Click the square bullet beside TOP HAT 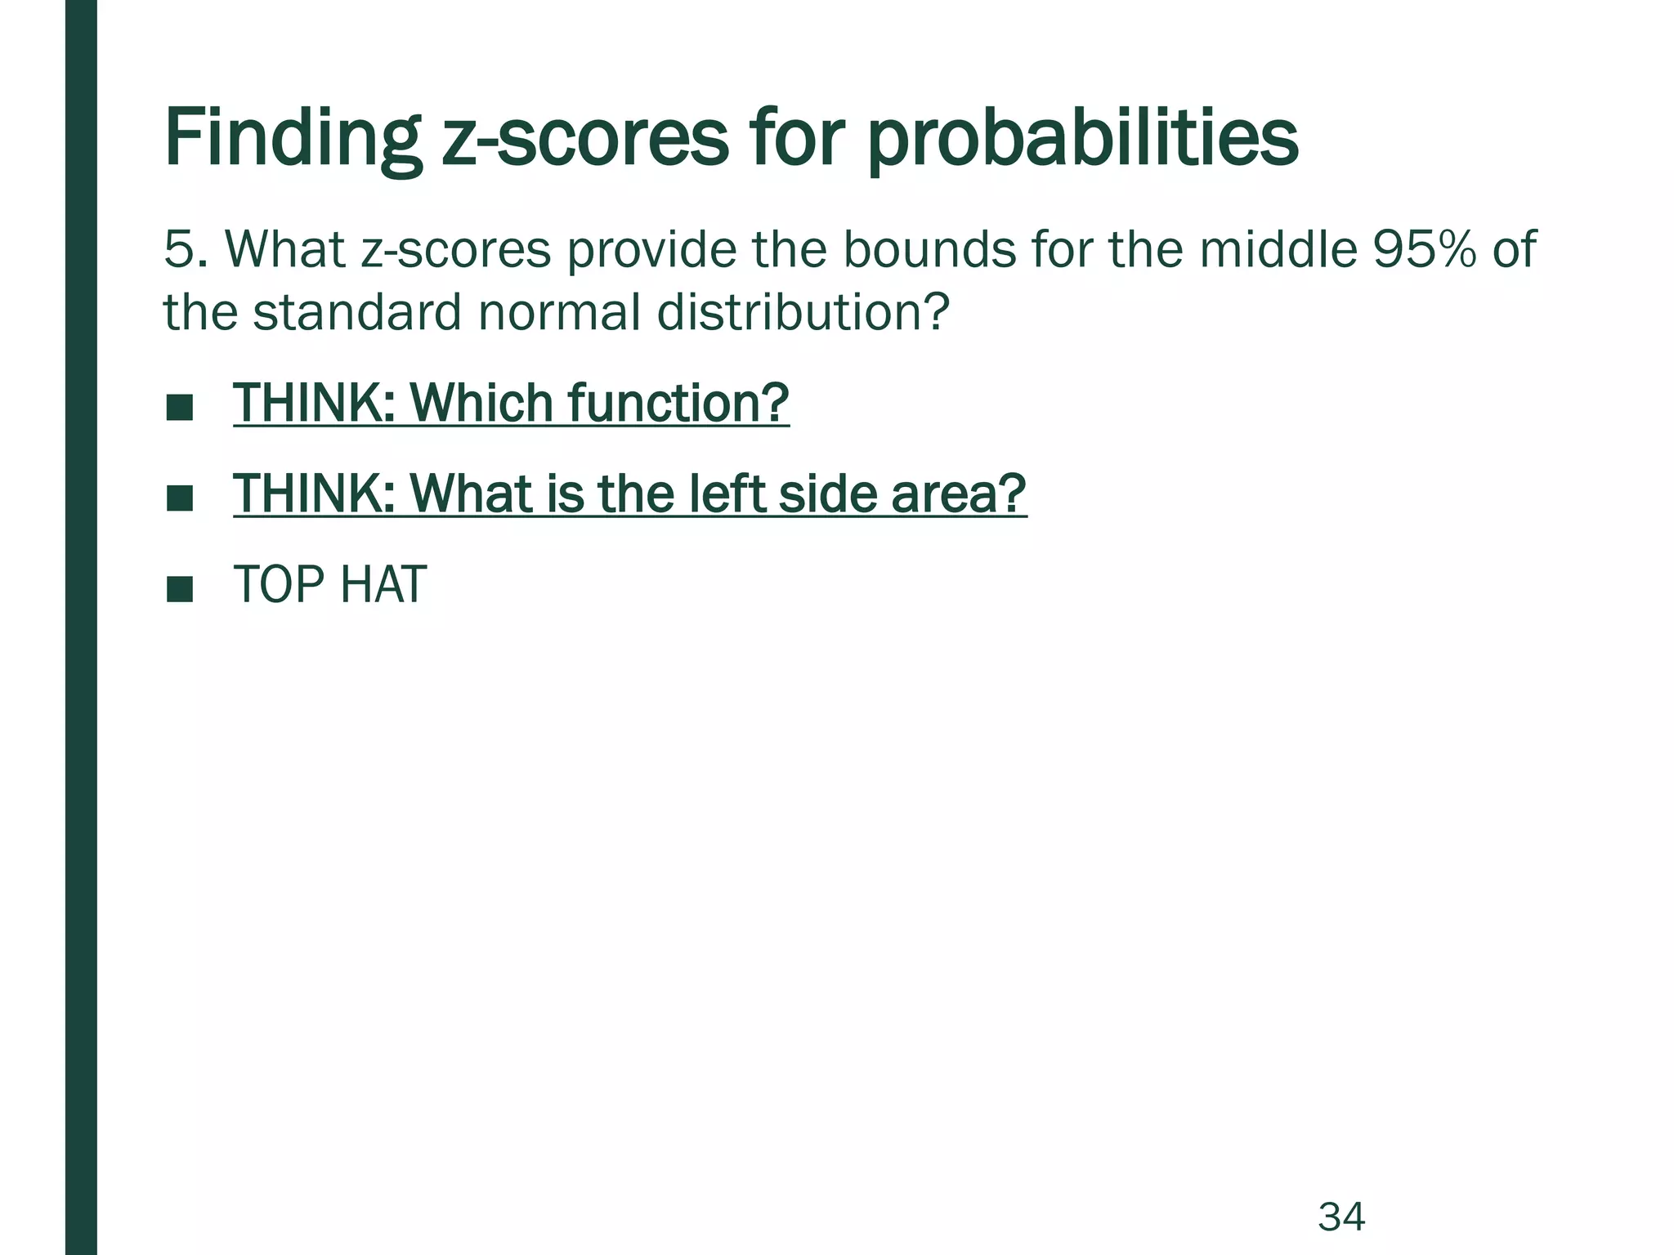click(x=179, y=588)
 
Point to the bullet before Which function click(x=179, y=407)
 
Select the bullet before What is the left click(x=179, y=498)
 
